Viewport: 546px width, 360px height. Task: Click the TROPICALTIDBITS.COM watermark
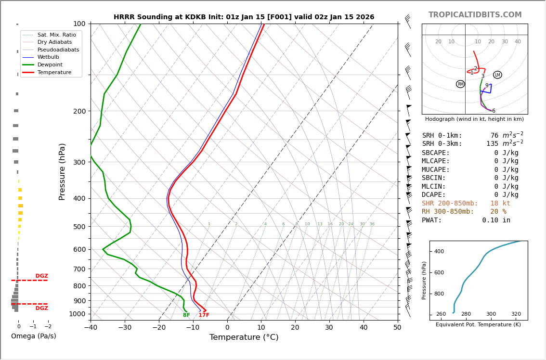click(475, 15)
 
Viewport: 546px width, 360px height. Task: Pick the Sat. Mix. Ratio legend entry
click(56, 35)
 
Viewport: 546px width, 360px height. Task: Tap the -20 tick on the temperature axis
click(159, 328)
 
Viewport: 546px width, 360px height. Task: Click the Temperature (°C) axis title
click(244, 337)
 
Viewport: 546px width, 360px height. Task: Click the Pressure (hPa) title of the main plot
click(63, 171)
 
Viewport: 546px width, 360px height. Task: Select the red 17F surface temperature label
click(204, 315)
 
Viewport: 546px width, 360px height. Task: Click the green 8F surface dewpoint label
click(186, 315)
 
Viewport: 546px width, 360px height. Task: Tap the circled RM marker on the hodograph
click(460, 84)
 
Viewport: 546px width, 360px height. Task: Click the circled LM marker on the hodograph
click(497, 75)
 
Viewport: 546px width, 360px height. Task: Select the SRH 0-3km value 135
click(492, 144)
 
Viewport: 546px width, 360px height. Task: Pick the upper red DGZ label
click(41, 276)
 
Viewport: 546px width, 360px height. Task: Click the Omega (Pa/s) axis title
click(33, 336)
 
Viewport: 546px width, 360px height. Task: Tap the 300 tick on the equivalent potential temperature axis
click(491, 314)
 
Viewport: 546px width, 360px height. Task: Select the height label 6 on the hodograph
click(494, 111)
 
